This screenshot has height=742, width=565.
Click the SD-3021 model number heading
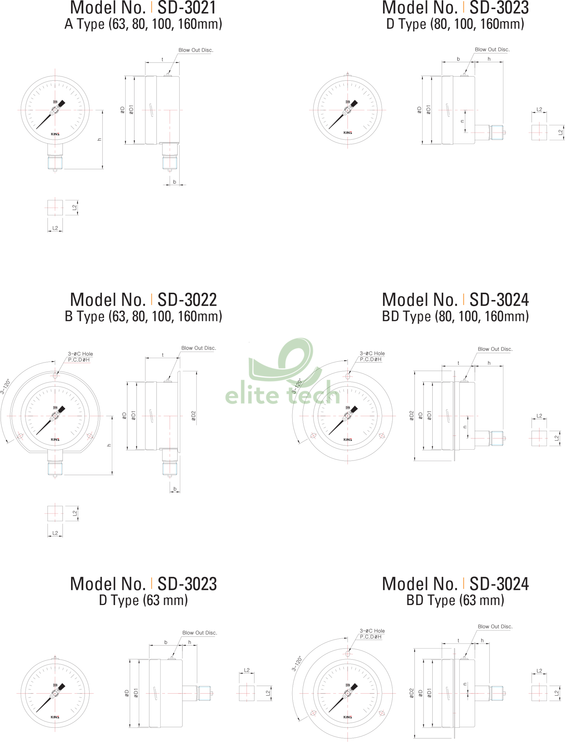143,8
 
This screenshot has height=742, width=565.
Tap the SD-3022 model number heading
143,300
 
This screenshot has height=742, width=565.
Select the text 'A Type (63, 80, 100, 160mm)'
143,24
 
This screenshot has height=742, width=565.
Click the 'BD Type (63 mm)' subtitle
455,600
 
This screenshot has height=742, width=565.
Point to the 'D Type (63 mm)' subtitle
143,600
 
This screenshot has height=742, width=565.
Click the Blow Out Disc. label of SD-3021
196,50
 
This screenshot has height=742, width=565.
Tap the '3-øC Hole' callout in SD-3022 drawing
81,354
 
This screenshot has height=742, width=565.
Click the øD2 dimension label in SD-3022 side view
193,416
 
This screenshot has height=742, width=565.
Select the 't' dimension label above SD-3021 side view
162,59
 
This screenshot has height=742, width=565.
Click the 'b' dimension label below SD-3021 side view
174,182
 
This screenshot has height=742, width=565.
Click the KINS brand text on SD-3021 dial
55,134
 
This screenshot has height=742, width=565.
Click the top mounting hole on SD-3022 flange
55,375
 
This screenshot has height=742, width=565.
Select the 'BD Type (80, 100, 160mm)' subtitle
455,316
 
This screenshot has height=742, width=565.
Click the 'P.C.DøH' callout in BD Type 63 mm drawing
371,637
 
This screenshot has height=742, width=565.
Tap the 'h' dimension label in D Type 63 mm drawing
190,642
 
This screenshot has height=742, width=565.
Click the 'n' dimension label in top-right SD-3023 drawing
462,121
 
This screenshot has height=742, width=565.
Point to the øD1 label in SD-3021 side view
131,110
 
